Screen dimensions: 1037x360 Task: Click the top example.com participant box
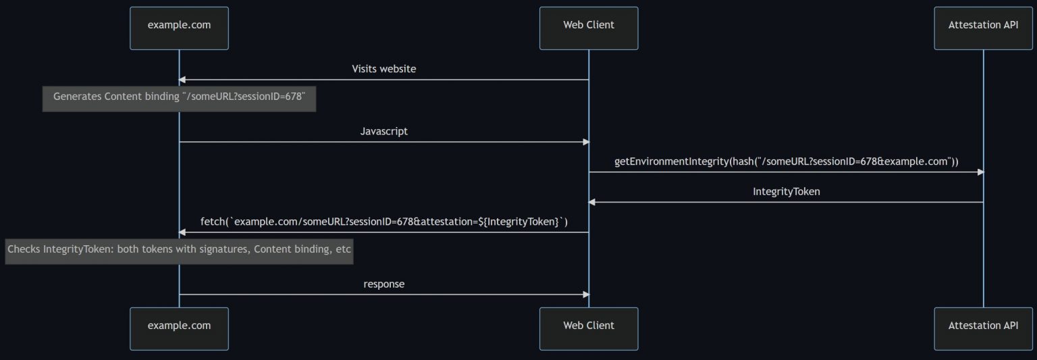click(179, 28)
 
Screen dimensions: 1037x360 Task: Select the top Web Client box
click(589, 28)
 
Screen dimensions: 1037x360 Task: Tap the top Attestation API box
click(983, 28)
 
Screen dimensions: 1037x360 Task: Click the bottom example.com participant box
click(179, 328)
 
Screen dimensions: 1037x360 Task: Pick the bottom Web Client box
click(589, 328)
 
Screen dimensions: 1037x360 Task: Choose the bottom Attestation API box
click(983, 328)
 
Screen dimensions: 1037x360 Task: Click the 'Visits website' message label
click(383, 69)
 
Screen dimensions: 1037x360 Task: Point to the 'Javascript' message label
click(383, 131)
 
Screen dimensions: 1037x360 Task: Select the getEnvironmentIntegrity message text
click(786, 161)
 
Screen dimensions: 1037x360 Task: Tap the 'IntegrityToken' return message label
click(786, 191)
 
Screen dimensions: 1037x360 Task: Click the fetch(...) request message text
click(383, 222)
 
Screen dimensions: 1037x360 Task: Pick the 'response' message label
click(383, 284)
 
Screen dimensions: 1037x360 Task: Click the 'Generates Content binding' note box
click(179, 99)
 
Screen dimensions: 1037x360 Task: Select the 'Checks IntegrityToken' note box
click(179, 251)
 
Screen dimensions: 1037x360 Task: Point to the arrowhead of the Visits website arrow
click(182, 80)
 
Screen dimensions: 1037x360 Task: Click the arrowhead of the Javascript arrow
click(586, 142)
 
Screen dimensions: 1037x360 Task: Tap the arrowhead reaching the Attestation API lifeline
click(980, 172)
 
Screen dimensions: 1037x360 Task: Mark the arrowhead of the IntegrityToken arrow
click(591, 202)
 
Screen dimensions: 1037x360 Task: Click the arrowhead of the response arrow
click(586, 294)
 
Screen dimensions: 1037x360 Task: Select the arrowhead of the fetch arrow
click(182, 232)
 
